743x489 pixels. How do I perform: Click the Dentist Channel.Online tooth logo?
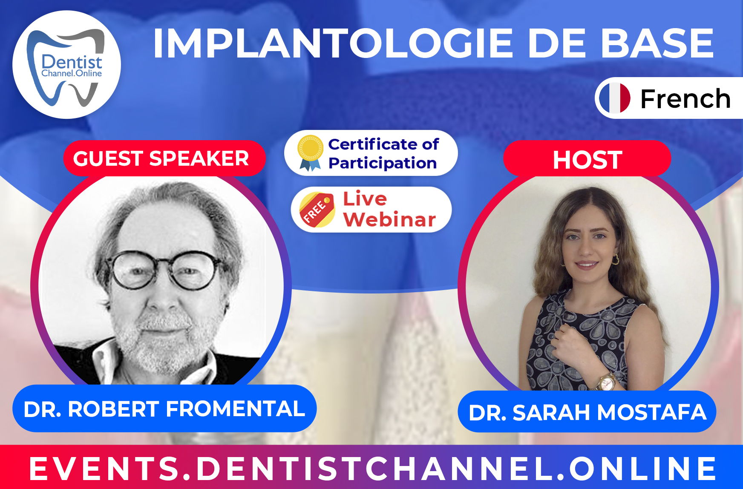point(66,65)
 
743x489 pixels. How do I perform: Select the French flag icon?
point(614,98)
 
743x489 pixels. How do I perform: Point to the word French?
point(685,99)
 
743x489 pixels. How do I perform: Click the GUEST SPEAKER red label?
point(164,158)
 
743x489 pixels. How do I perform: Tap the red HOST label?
point(587,159)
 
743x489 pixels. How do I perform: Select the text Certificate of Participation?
point(383,153)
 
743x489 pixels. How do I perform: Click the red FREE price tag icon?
point(317,210)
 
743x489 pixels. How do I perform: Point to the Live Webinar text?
point(389,209)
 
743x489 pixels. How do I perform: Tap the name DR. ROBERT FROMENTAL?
point(164,409)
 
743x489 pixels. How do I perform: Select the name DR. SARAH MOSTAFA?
point(587,412)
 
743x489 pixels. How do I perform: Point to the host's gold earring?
point(615,259)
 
